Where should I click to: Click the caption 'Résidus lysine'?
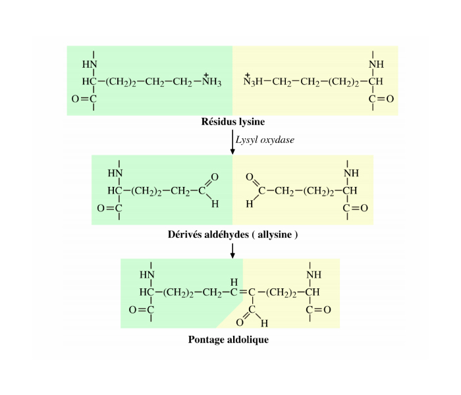tap(233, 122)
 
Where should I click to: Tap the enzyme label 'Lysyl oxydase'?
tap(265, 140)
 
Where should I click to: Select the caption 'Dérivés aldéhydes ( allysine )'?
tap(232, 234)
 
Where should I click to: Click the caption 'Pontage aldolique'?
tap(229, 340)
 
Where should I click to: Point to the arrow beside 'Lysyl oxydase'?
tap(232, 142)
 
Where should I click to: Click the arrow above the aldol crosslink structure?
tap(232, 250)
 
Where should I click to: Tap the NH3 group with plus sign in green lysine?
tap(212, 82)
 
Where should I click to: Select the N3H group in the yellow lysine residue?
tap(253, 82)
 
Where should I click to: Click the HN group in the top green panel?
tap(89, 65)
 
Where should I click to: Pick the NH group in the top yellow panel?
tap(376, 65)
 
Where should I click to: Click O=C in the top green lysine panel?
tap(84, 99)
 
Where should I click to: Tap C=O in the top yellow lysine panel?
tap(381, 99)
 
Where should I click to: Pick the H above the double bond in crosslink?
tap(234, 282)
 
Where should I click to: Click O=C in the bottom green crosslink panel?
tap(141, 309)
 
